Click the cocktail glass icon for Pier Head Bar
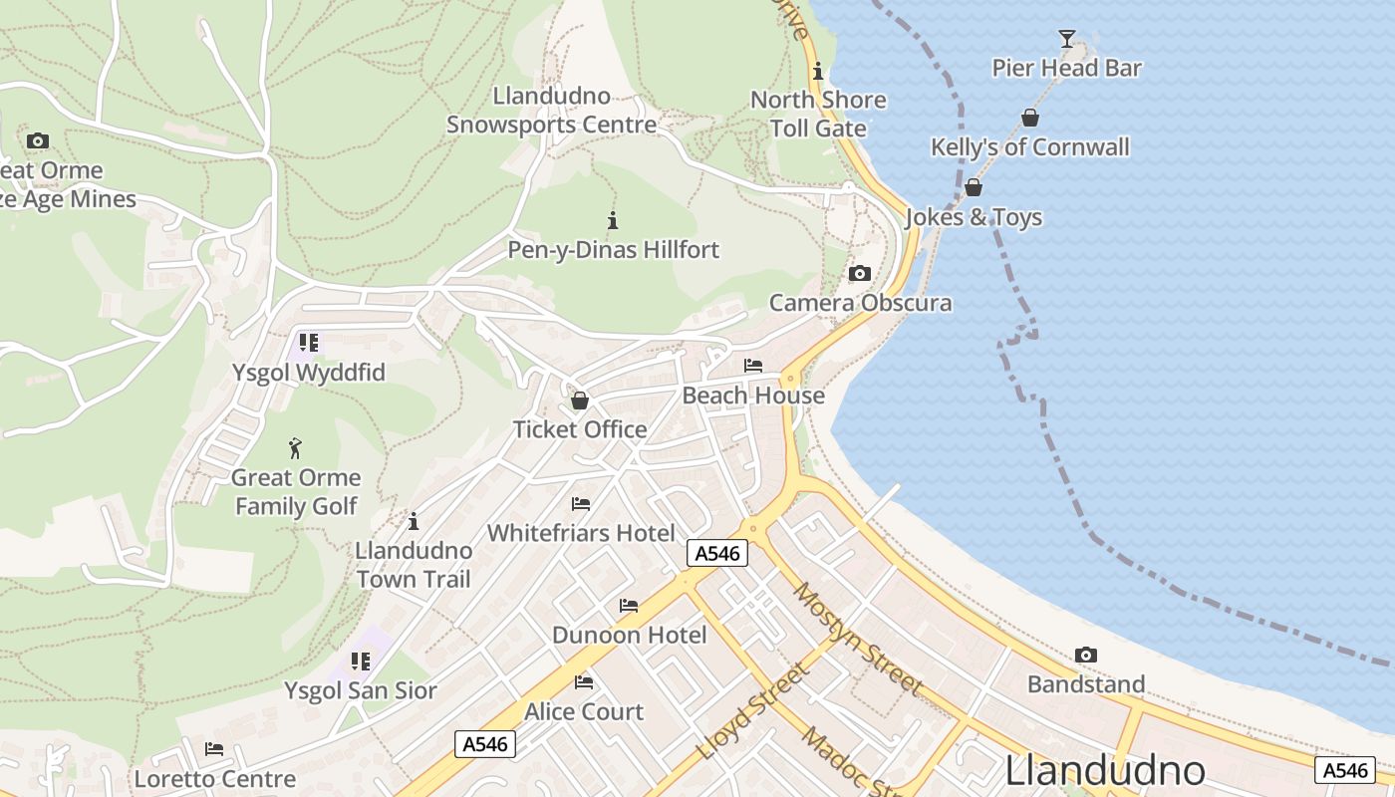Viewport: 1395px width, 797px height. tap(1067, 39)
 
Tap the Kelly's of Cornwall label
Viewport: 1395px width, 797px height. tap(1029, 147)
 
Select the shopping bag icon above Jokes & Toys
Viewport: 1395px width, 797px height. tap(974, 187)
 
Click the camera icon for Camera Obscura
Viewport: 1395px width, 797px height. tap(859, 274)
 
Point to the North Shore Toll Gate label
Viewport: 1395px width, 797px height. tap(818, 114)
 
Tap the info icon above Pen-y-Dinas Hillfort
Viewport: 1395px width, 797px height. tap(613, 220)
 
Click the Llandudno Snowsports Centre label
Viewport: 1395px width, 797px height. tap(551, 111)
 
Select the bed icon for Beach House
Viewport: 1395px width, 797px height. tap(753, 366)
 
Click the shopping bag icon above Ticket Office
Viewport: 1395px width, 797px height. tap(579, 400)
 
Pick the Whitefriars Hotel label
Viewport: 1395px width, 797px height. tap(581, 533)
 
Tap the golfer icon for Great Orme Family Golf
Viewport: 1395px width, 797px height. tap(295, 448)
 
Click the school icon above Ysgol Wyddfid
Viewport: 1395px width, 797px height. tap(309, 343)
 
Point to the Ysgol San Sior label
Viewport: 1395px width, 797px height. tap(361, 690)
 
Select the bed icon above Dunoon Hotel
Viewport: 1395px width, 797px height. tap(629, 606)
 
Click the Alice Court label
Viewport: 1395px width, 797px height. tap(584, 712)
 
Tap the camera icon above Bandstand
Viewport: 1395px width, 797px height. tap(1086, 656)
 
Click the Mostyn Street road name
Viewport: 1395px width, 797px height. tap(857, 639)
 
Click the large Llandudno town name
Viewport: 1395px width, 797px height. tap(1105, 771)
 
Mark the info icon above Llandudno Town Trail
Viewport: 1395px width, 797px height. tap(414, 521)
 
